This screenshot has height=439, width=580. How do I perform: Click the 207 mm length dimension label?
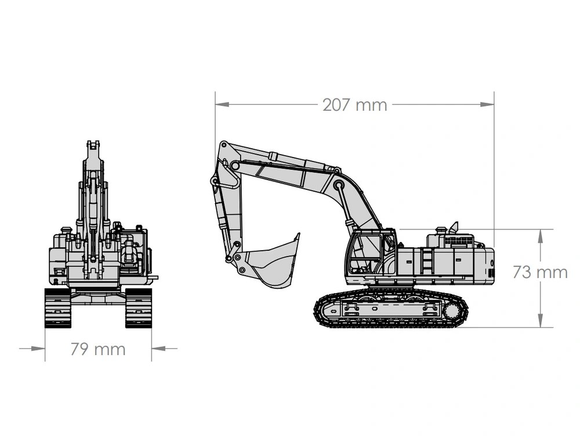(355, 105)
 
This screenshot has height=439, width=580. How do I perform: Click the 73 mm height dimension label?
(540, 272)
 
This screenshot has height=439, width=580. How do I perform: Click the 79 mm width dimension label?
(98, 349)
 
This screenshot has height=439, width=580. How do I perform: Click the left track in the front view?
(57, 308)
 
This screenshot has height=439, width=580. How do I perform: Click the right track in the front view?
(139, 308)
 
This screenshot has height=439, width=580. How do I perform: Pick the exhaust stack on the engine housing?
(454, 228)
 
